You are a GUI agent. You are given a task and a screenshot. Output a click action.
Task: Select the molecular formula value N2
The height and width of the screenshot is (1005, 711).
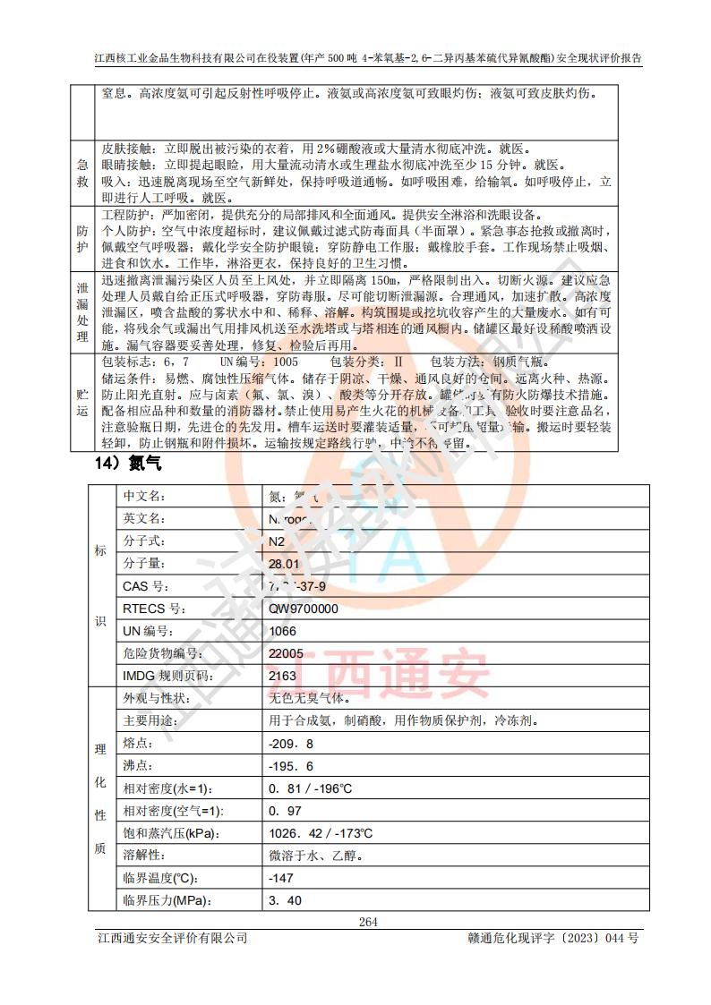tap(277, 541)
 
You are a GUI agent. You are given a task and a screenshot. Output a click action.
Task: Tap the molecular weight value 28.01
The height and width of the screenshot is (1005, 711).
tap(284, 564)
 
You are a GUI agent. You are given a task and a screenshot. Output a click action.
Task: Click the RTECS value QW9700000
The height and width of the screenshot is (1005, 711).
tap(304, 609)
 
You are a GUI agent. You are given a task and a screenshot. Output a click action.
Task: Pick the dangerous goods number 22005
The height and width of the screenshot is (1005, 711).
tap(286, 653)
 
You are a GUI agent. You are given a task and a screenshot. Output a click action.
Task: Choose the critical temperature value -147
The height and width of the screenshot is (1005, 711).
tap(281, 878)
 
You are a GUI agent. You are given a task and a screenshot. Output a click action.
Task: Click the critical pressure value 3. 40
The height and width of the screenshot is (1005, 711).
tap(285, 900)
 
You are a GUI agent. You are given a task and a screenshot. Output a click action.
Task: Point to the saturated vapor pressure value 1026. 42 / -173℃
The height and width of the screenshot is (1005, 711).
tap(320, 833)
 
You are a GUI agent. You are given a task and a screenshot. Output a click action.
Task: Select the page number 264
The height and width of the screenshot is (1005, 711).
tap(368, 922)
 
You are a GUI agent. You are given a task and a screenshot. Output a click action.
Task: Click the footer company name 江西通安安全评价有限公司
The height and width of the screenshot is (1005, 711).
tap(172, 938)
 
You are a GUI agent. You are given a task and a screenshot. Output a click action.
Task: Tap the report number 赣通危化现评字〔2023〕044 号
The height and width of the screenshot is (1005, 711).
tap(553, 938)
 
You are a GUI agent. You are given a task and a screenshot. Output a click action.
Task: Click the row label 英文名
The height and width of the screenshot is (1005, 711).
tap(143, 518)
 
